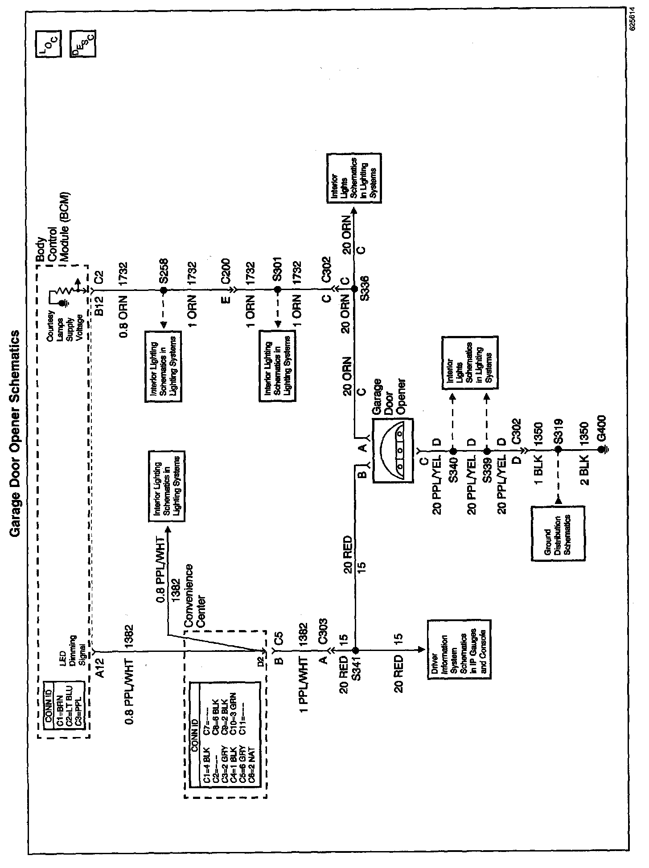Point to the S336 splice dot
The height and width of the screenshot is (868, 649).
354,290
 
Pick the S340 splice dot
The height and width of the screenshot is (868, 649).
452,450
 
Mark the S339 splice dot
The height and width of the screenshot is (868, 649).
487,450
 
